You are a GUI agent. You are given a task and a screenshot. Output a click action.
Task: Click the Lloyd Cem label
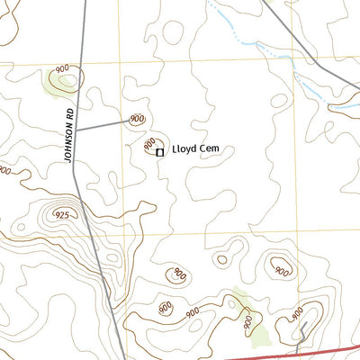(196, 151)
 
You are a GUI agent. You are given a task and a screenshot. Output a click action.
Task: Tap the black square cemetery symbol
(160, 153)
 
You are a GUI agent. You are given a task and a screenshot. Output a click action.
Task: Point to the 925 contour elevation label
(62, 215)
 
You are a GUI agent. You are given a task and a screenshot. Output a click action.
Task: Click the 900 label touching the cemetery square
(151, 143)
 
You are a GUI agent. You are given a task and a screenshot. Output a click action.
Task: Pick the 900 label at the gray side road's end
(137, 119)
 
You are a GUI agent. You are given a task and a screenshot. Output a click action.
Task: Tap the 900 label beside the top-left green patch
(62, 69)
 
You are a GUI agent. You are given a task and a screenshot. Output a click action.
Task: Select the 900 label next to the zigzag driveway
(298, 312)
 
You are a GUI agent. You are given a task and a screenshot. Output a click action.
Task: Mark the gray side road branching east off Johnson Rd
(103, 124)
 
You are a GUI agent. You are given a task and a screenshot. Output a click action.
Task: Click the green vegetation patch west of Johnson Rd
(56, 83)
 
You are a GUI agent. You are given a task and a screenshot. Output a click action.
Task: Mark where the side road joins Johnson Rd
(76, 130)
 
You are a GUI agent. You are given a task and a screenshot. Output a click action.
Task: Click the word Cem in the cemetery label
(211, 151)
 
